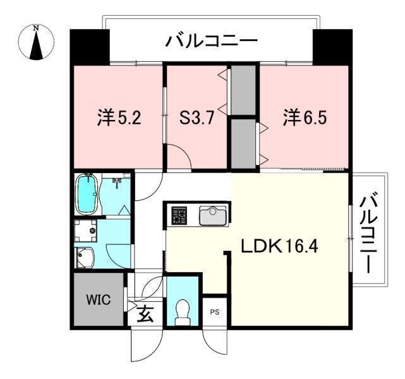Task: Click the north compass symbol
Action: tap(36, 42)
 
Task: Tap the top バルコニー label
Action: tap(212, 42)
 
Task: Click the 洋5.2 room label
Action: tap(119, 118)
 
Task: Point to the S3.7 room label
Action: tap(196, 118)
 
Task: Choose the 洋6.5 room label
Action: tap(305, 118)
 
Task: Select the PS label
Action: tap(215, 311)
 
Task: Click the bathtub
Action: tap(87, 195)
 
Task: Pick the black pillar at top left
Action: tap(88, 45)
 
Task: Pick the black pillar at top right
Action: tap(332, 45)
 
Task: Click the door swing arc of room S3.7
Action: tap(180, 158)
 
